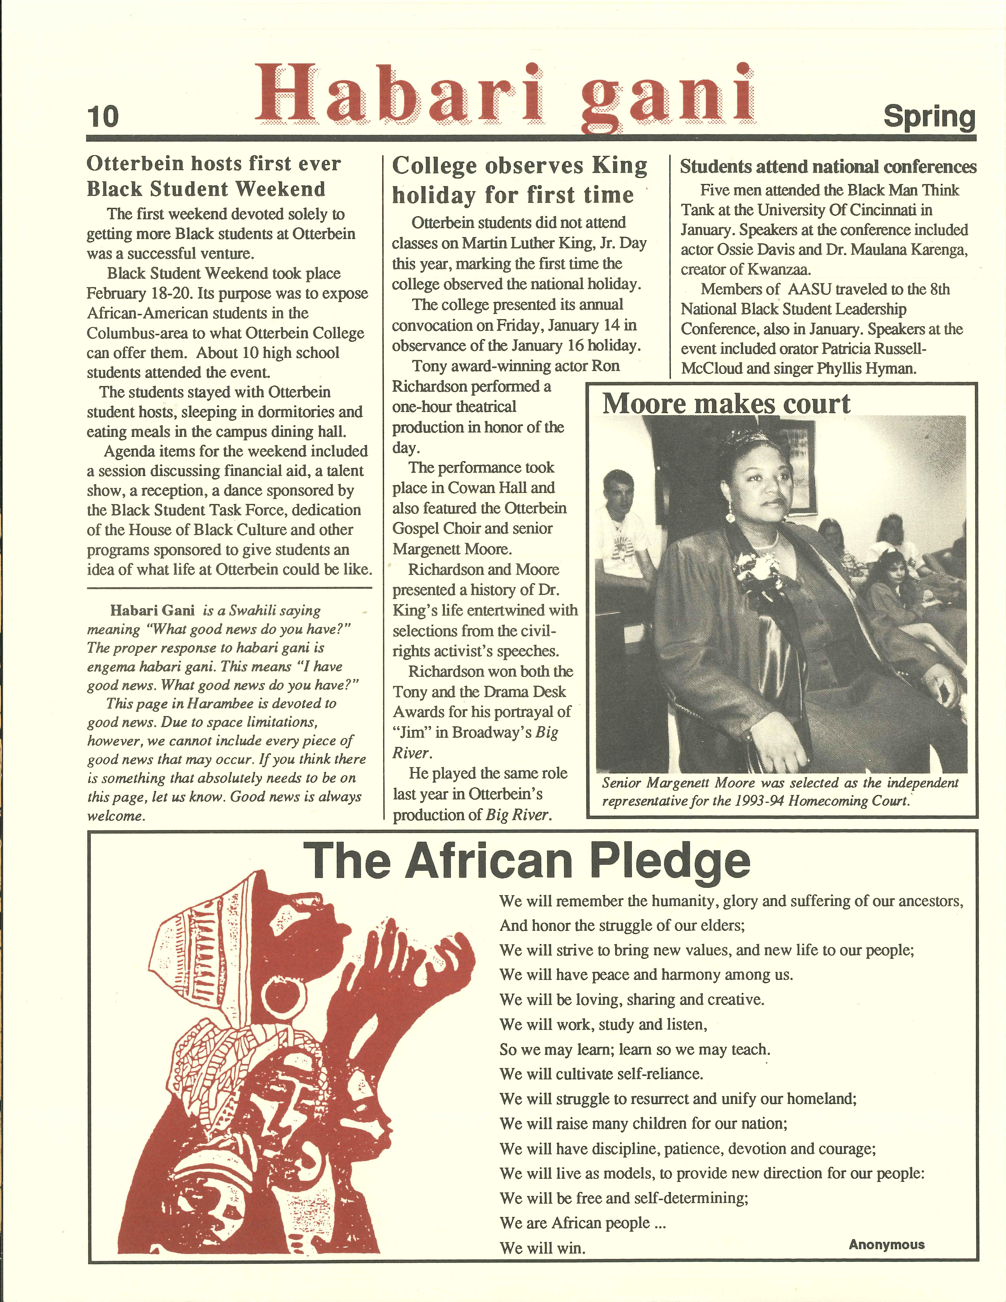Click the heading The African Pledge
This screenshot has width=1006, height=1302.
pyautogui.click(x=527, y=860)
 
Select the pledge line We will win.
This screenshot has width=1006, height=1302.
pyautogui.click(x=542, y=1248)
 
